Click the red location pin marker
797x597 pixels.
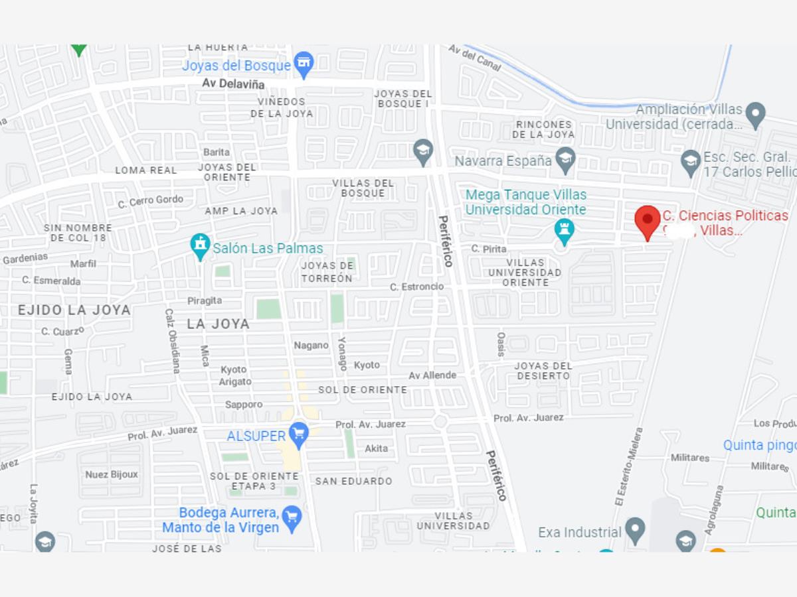[x=648, y=222]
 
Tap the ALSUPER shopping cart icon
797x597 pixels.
[x=299, y=434]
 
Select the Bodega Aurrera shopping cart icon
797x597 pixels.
[x=292, y=518]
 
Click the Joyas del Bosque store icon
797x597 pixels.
[x=304, y=64]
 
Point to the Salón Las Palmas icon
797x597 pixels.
[x=200, y=245]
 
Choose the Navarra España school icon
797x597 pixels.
[x=565, y=159]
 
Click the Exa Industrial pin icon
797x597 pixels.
[x=636, y=530]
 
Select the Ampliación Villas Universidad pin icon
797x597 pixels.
[x=755, y=114]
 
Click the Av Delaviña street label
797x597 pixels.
[x=233, y=84]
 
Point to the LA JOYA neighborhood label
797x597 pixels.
[x=218, y=324]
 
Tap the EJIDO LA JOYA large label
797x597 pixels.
[x=74, y=310]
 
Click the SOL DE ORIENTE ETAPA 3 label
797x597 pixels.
[x=254, y=481]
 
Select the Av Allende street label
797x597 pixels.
[x=432, y=375]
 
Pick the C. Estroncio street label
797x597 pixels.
[x=416, y=287]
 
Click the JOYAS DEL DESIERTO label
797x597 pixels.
[x=543, y=371]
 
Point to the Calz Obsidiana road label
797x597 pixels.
[x=171, y=340]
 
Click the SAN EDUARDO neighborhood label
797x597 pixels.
[x=353, y=481]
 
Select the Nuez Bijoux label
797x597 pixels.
[x=112, y=474]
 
